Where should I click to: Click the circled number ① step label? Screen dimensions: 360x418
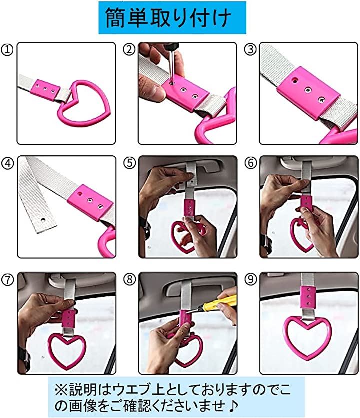7,50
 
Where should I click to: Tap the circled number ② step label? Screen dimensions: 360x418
129,49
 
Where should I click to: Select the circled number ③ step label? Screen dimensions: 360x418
250,49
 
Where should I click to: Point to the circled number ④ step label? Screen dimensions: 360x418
7,163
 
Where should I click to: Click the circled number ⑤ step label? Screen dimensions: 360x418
129,163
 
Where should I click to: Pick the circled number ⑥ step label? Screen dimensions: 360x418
251,163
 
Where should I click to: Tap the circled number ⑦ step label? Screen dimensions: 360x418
7,279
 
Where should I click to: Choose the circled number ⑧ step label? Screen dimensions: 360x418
129,279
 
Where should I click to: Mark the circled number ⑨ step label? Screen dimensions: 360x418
251,279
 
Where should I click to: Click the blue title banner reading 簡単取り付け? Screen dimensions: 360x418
172,18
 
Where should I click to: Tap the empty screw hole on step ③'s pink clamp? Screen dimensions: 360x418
295,80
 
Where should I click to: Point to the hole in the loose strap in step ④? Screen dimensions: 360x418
42,220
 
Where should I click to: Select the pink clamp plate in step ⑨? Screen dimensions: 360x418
308,297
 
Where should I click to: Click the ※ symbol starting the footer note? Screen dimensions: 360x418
61,390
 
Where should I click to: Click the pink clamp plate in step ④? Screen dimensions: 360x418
90,202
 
